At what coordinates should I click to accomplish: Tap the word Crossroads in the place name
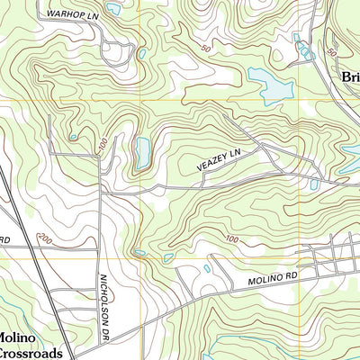pos(31,353)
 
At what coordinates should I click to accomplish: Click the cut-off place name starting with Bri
pos(349,77)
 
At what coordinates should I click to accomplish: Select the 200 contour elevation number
pos(43,239)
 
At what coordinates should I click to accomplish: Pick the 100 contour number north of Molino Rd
pos(232,238)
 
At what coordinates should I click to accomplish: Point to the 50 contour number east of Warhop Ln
pos(206,47)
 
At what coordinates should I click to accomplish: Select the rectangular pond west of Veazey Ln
pos(142,153)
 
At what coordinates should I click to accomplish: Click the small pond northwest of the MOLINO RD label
pos(208,267)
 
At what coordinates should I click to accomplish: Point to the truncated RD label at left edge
pos(4,240)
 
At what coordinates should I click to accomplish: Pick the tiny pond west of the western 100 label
pos(73,137)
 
